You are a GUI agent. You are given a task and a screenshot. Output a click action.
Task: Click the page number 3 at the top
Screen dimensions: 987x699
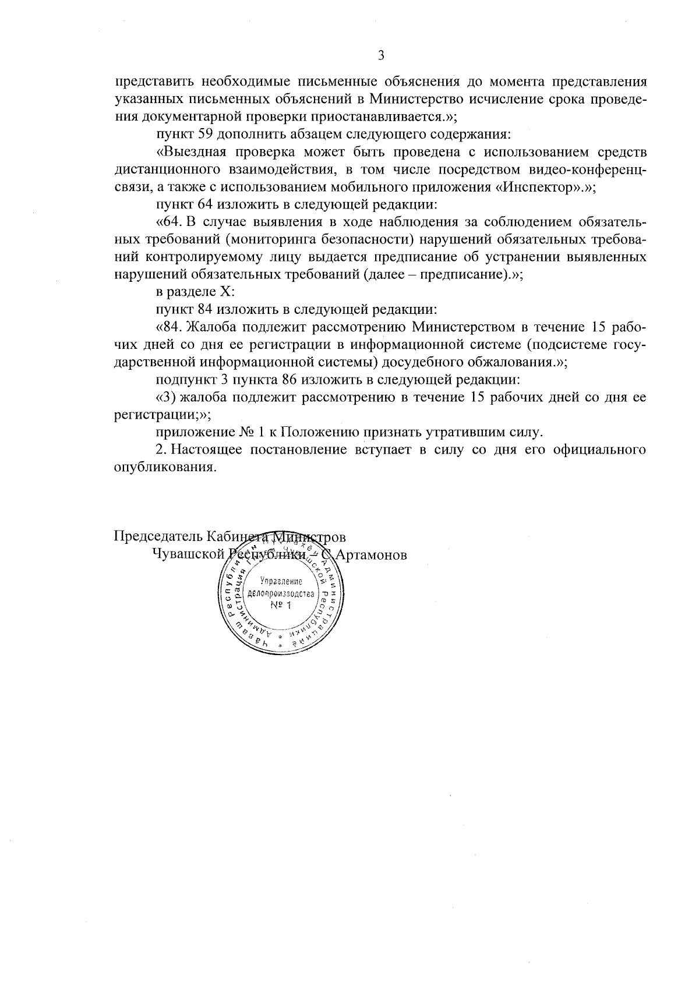coord(381,56)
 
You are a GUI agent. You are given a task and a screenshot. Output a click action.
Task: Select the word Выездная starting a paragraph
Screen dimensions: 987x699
coord(191,153)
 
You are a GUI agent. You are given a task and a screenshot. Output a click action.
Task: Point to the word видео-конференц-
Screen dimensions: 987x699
coord(593,170)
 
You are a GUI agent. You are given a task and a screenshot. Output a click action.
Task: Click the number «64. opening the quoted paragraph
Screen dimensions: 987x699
coord(170,222)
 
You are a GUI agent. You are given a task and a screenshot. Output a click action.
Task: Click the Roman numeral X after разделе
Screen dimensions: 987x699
coord(227,292)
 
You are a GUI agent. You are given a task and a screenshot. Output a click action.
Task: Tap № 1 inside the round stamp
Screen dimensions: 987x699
coord(280,606)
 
